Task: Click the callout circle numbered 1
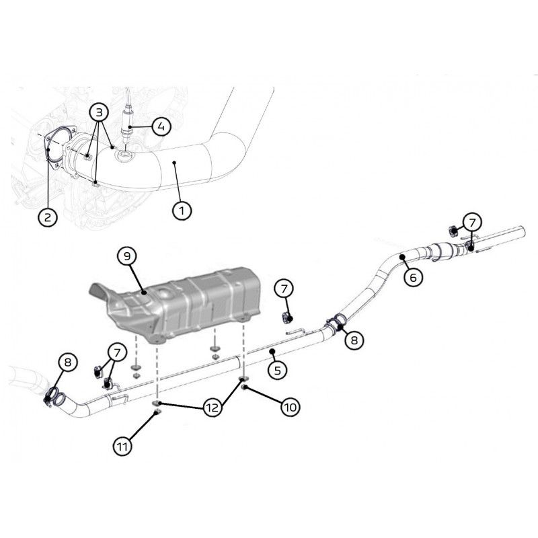pyautogui.click(x=182, y=210)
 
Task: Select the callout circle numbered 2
pyautogui.click(x=47, y=217)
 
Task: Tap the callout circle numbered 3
pyautogui.click(x=99, y=112)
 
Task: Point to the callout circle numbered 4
pyautogui.click(x=161, y=126)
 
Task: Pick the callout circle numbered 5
pyautogui.click(x=277, y=370)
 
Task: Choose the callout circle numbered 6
pyautogui.click(x=413, y=277)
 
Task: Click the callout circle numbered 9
pyautogui.click(x=127, y=256)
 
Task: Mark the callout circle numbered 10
pyautogui.click(x=291, y=408)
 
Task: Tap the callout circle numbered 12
pyautogui.click(x=213, y=408)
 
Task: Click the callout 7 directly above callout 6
pyautogui.click(x=473, y=223)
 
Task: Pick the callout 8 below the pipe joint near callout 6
pyautogui.click(x=354, y=340)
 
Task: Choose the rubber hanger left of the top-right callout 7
pyautogui.click(x=453, y=231)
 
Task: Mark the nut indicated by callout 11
pyautogui.click(x=158, y=411)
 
